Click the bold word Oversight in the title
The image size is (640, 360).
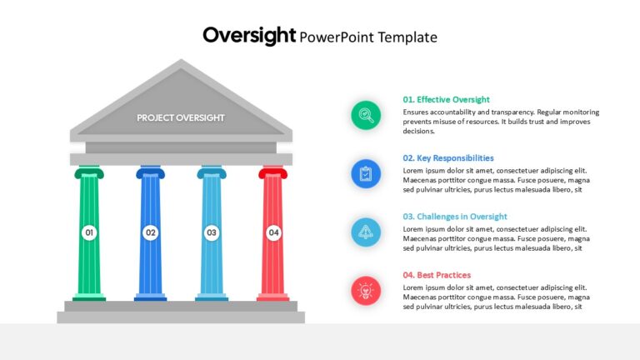click(x=249, y=36)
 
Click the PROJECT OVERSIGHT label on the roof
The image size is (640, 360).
click(x=181, y=118)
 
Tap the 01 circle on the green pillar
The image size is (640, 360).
click(x=89, y=232)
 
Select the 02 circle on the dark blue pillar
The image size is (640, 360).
click(x=151, y=232)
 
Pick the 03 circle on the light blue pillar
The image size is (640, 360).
click(x=212, y=232)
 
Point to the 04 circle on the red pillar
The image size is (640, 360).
click(x=273, y=232)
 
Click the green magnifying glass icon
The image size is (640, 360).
click(x=366, y=116)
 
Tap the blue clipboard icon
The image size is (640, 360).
click(x=366, y=174)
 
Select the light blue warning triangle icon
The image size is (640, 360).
click(x=366, y=232)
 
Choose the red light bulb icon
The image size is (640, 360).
click(x=366, y=291)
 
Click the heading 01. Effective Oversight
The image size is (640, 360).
click(x=446, y=100)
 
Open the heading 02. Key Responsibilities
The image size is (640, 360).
click(x=448, y=158)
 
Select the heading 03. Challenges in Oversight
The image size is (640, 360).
click(x=455, y=217)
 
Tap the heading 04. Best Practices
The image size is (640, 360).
click(x=437, y=275)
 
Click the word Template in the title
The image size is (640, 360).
click(x=407, y=37)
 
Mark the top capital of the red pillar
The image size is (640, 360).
click(x=273, y=172)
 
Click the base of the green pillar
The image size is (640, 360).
click(x=89, y=297)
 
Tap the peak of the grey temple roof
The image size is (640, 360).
click(x=181, y=60)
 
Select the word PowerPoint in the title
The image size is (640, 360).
click(x=337, y=37)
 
